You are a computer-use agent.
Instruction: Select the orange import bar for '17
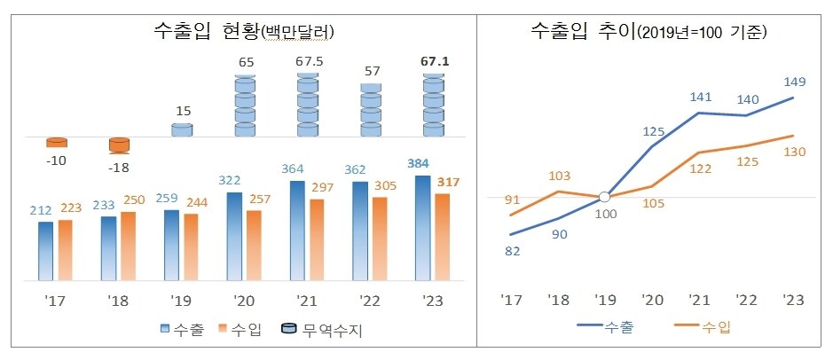tap(65, 247)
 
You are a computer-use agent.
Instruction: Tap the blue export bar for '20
tap(234, 234)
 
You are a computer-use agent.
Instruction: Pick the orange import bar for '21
tap(317, 237)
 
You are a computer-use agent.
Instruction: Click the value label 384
tap(422, 164)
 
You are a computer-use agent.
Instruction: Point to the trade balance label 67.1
tap(434, 62)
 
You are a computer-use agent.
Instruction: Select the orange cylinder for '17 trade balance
tap(57, 142)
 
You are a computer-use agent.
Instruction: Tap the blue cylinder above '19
tap(182, 129)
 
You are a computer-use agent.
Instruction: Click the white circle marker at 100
tap(604, 197)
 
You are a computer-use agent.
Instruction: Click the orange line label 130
tap(794, 152)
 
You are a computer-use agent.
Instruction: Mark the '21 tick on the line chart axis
tap(698, 299)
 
